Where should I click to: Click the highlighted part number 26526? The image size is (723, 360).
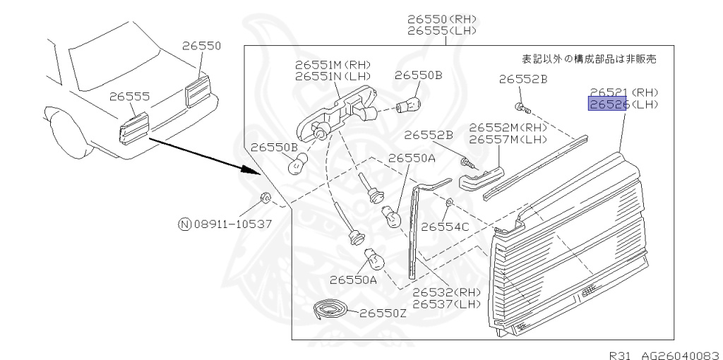(608, 104)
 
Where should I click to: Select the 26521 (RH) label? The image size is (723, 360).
(623, 92)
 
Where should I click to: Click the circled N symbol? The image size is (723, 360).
(184, 224)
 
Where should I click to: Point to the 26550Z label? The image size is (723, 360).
(383, 313)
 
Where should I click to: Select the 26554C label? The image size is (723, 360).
(445, 227)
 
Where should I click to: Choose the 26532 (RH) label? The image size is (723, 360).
(446, 292)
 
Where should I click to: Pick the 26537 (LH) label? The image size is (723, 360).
(446, 304)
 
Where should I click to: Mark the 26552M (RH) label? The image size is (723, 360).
(508, 127)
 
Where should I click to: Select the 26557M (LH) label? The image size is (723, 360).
(508, 138)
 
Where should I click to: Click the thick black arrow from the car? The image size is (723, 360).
(201, 155)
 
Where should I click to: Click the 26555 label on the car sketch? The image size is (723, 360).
(129, 96)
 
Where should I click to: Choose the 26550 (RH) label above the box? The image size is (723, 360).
(441, 19)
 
